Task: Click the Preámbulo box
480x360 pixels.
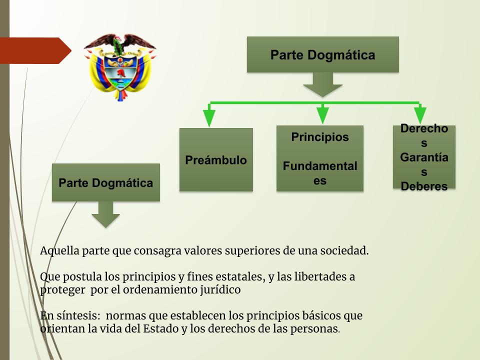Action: [x=216, y=160]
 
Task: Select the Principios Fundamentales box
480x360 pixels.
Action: [x=320, y=158]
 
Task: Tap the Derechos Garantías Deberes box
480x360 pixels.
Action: [x=424, y=157]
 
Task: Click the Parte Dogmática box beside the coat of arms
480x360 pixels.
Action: [x=323, y=54]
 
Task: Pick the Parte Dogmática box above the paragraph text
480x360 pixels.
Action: [x=106, y=182]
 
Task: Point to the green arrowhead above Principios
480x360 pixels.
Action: [x=322, y=115]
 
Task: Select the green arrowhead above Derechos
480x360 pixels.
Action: [x=420, y=115]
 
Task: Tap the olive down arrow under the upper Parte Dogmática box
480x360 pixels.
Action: [x=322, y=85]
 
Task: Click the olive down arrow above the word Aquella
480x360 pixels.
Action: [x=106, y=214]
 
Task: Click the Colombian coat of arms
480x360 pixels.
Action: [x=120, y=67]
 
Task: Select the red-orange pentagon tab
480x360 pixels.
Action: [x=35, y=50]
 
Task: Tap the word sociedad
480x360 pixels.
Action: [x=344, y=250]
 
